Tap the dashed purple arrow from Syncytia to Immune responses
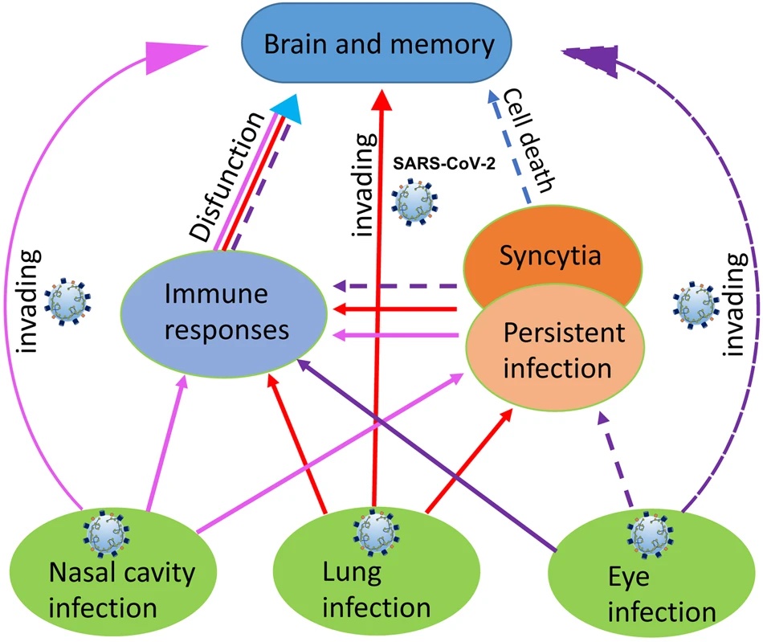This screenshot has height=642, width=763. [x=394, y=284]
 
